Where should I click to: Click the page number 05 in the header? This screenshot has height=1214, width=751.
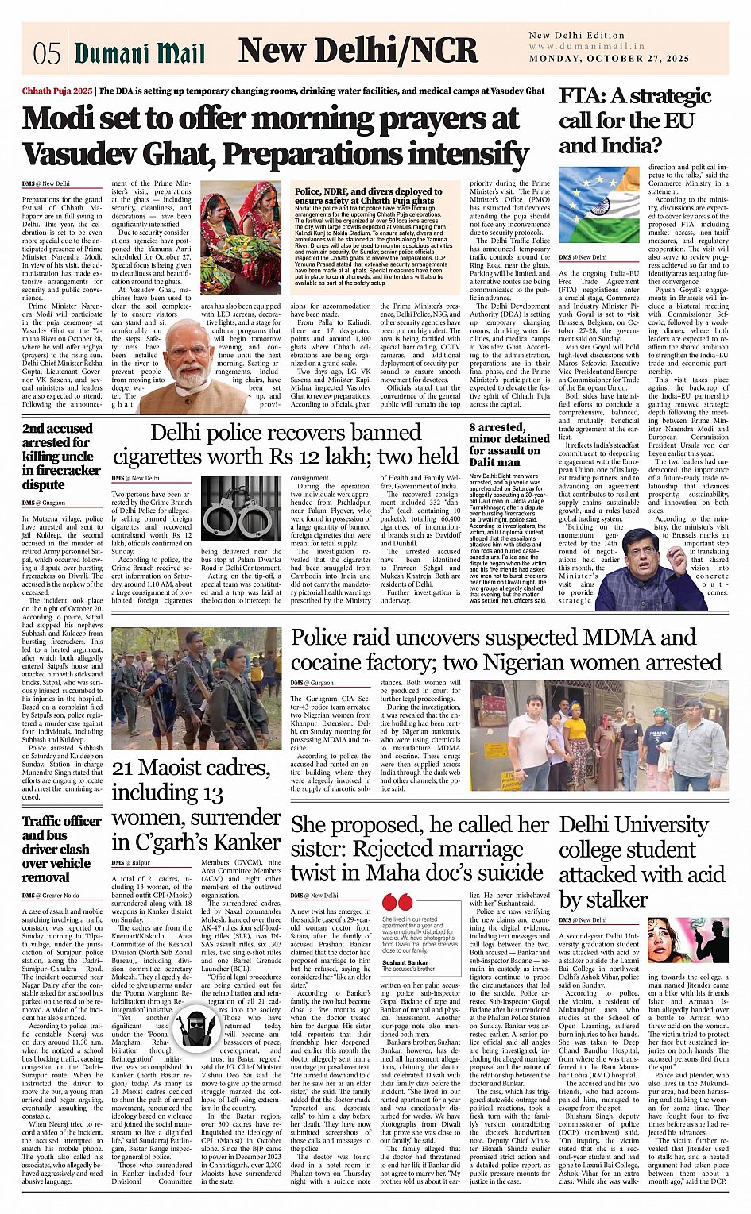pos(46,53)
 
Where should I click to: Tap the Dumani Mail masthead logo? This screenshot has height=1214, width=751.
pos(140,53)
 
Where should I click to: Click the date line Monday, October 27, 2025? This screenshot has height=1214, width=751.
pos(609,59)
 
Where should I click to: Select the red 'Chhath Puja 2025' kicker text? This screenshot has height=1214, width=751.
pos(57,91)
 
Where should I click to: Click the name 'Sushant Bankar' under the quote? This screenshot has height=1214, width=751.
pos(405,962)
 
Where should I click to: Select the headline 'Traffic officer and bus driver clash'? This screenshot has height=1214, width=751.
pos(56,849)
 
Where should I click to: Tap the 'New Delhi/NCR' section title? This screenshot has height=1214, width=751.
pos(358,51)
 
